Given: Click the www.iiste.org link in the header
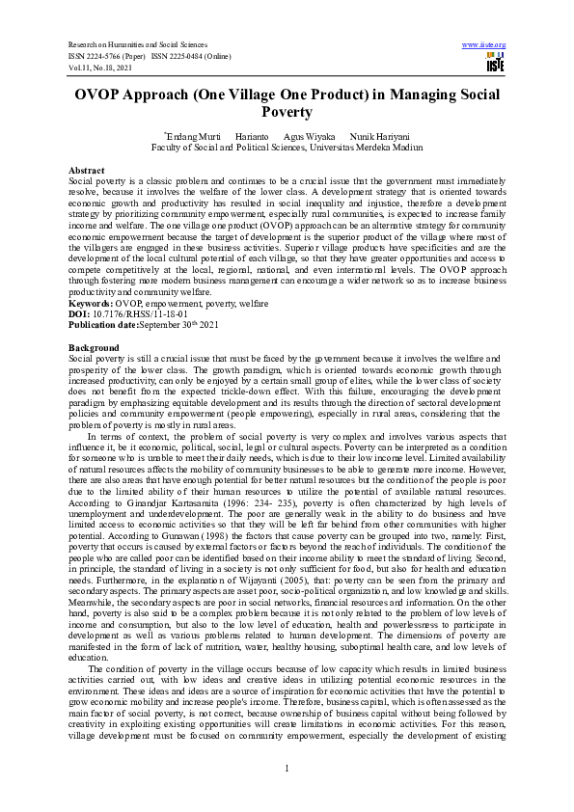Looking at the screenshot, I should coord(484,44).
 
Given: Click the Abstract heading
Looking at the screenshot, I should coord(88,170).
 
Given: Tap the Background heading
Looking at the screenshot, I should coord(94,346).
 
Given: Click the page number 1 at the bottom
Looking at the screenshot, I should coord(287,768).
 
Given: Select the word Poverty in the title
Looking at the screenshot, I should coord(287,114).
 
